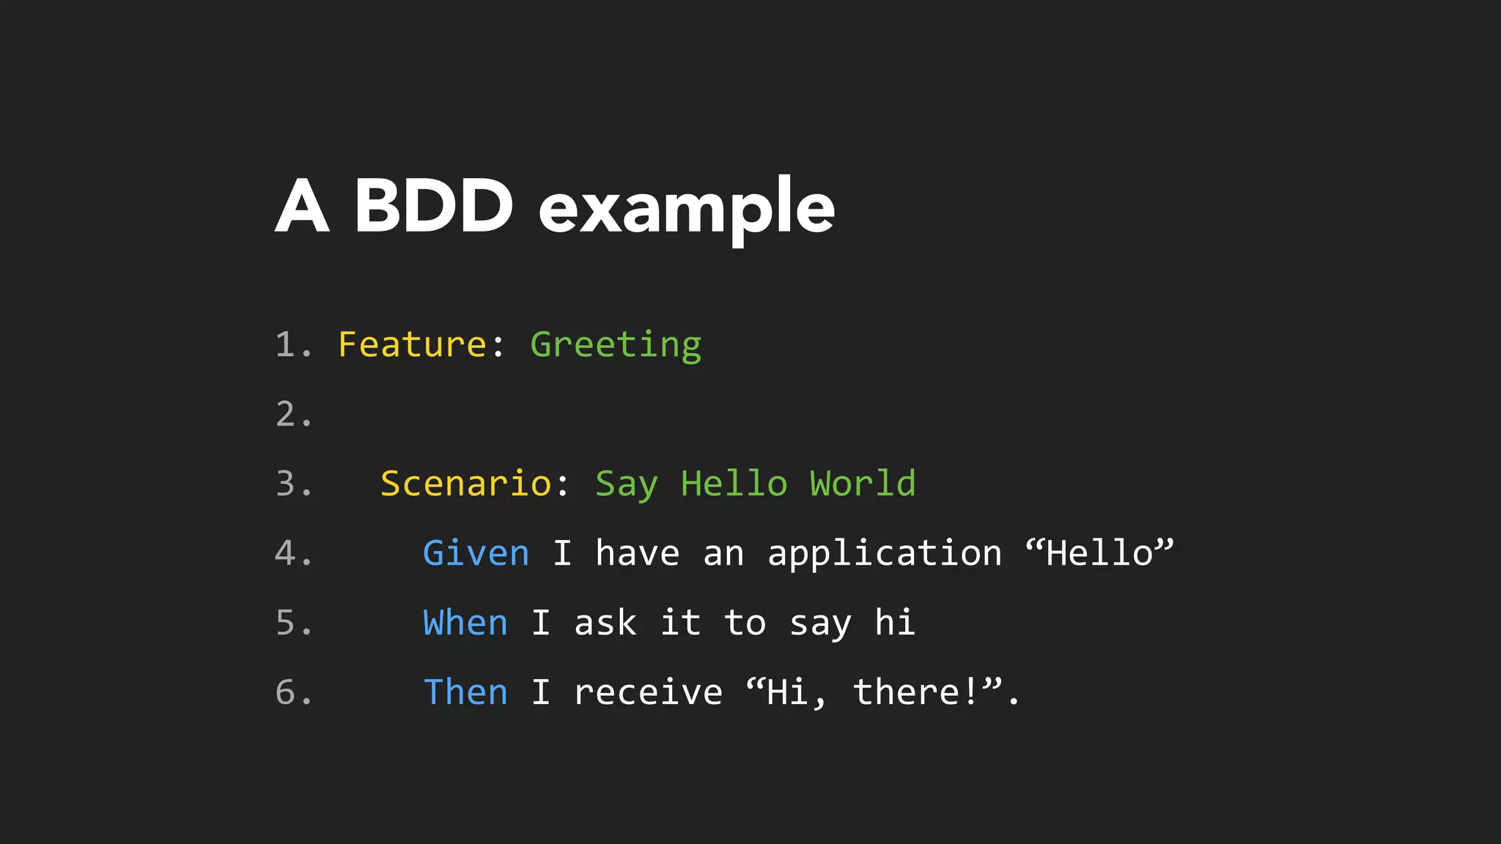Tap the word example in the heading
point(687,209)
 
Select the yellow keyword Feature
point(412,344)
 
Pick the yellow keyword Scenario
point(466,484)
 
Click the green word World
point(863,484)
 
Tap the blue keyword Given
point(476,553)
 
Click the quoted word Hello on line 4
point(1099,553)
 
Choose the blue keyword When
point(465,623)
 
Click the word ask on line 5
point(605,623)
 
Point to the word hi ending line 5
point(895,623)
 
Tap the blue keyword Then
point(465,692)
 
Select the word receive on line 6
point(648,692)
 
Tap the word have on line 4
point(638,553)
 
